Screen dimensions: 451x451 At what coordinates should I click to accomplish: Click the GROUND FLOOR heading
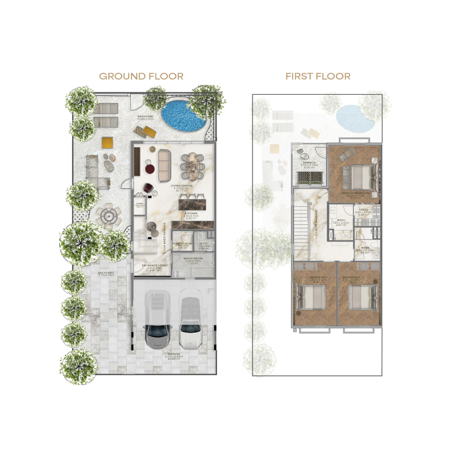[x=141, y=76]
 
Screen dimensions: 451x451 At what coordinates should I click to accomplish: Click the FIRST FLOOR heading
[x=318, y=76]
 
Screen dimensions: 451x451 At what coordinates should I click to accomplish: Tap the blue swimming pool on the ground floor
[x=183, y=114]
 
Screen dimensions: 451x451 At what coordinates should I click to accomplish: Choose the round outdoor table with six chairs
[x=107, y=215]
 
